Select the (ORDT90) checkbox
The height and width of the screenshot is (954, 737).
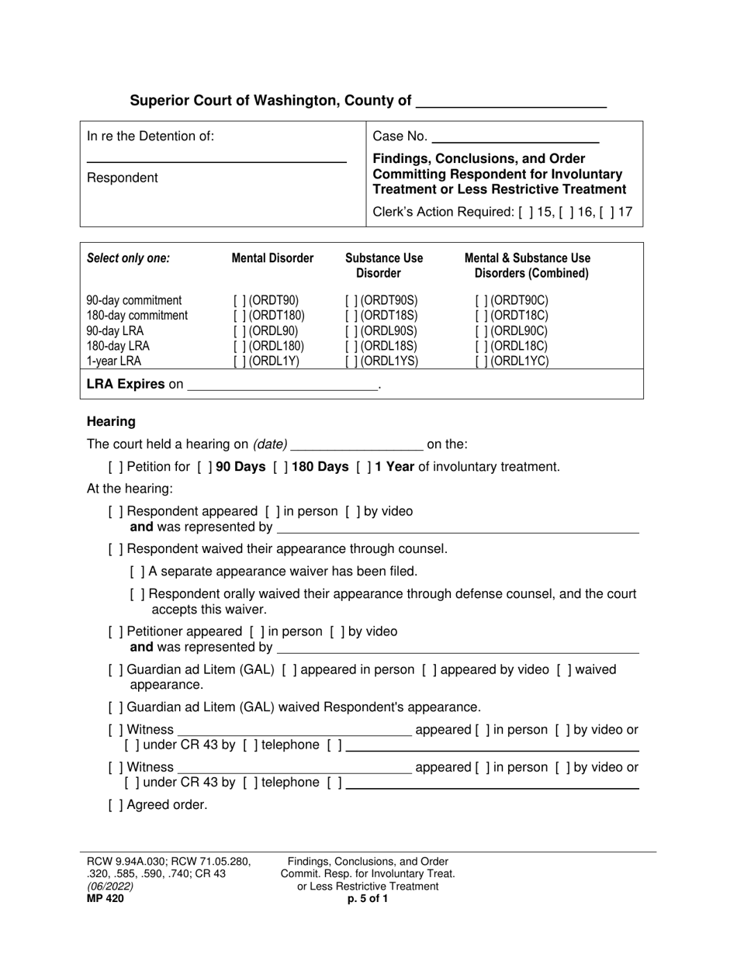(x=238, y=301)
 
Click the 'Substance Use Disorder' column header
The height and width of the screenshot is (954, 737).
(x=383, y=265)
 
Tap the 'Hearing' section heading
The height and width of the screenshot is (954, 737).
(x=111, y=422)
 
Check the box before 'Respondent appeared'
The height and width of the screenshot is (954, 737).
(x=116, y=512)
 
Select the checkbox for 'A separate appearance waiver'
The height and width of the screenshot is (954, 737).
(x=137, y=572)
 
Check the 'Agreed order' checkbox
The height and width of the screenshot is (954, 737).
(x=116, y=805)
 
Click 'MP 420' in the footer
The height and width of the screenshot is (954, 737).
(x=105, y=899)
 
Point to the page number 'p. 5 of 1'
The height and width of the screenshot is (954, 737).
(x=368, y=899)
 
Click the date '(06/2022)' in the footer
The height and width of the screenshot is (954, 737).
(x=110, y=887)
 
